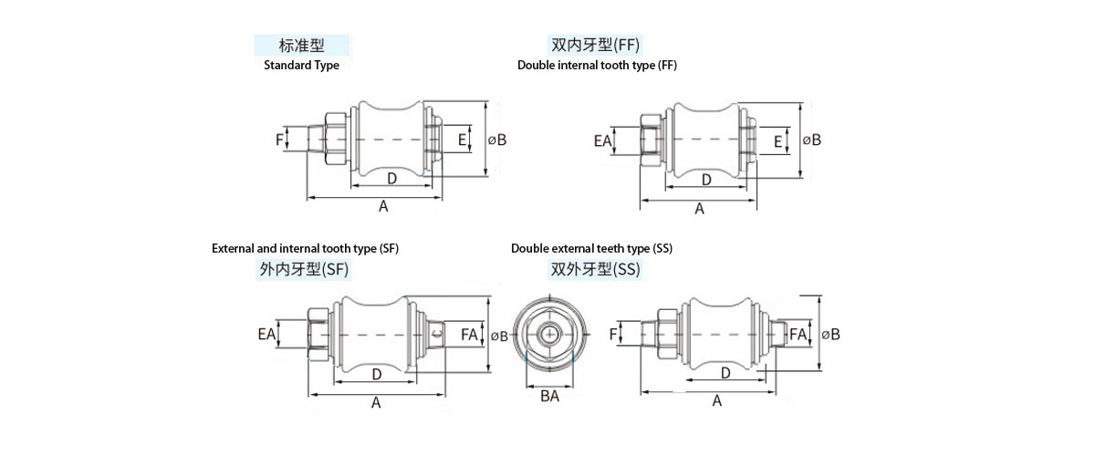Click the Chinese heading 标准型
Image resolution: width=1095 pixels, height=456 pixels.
tap(302, 46)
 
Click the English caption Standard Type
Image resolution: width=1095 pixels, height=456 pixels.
tap(301, 66)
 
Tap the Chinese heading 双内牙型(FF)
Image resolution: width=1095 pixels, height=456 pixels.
tap(595, 45)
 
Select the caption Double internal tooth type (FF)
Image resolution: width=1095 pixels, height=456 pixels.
tap(597, 66)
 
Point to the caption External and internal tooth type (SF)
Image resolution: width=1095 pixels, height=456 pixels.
tap(305, 248)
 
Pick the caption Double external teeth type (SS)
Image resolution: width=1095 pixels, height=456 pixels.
tap(591, 248)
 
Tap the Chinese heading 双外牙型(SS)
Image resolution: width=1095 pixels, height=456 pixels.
tap(595, 270)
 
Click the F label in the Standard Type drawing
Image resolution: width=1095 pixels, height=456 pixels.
tap(279, 140)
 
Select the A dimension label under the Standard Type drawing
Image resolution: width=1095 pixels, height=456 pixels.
tap(383, 207)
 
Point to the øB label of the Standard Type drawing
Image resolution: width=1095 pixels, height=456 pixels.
tap(497, 140)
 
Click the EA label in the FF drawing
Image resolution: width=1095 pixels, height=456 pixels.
tap(602, 140)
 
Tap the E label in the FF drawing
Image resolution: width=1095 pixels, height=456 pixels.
tap(777, 141)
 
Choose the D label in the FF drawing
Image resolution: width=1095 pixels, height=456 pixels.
tap(706, 180)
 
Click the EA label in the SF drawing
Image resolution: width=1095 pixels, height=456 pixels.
tap(266, 335)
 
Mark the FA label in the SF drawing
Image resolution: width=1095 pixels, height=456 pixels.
tap(469, 335)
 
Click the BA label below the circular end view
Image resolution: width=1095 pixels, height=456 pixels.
tap(549, 396)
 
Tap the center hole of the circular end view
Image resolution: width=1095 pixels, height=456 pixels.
tap(549, 335)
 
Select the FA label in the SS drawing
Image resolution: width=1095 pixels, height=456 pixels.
tap(798, 335)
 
